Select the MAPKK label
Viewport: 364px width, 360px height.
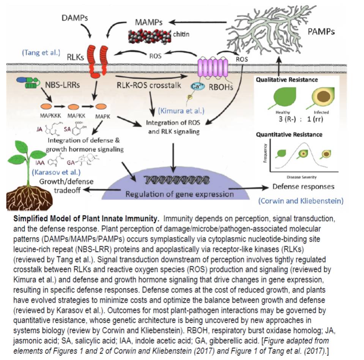[x=75, y=115]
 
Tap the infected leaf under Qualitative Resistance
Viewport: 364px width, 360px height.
[x=320, y=98]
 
